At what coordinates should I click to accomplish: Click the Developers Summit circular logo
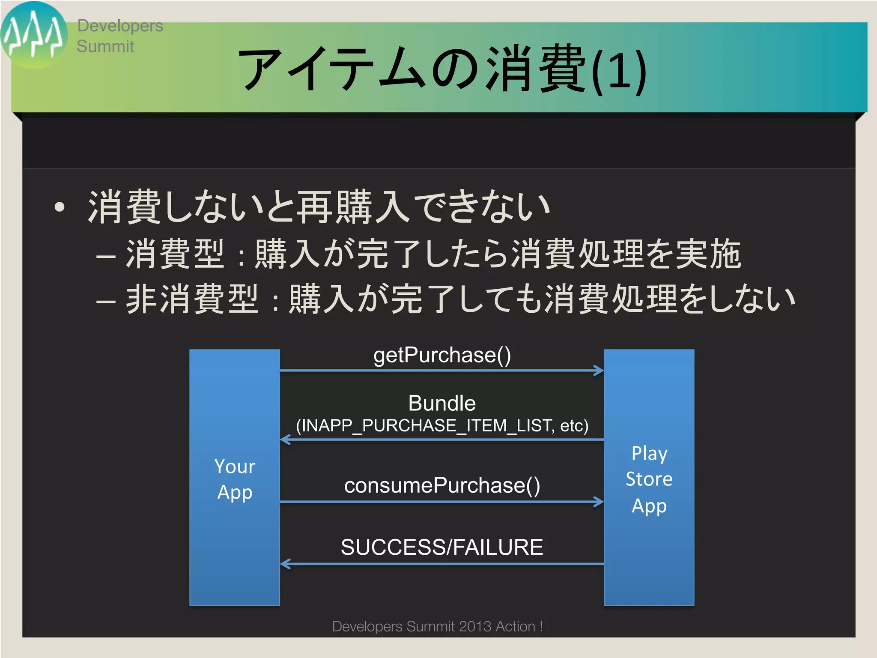click(33, 35)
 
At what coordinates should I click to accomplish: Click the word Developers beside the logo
click(120, 26)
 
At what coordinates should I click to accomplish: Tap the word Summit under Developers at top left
click(105, 46)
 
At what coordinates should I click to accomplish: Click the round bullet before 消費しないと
click(60, 208)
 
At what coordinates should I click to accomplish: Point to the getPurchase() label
click(442, 355)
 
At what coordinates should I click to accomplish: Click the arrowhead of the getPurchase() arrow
click(599, 371)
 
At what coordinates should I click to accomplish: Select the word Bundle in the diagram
click(442, 403)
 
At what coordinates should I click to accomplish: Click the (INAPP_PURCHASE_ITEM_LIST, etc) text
click(442, 426)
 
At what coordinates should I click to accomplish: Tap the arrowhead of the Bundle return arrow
click(285, 440)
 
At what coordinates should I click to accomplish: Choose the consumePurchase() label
click(442, 485)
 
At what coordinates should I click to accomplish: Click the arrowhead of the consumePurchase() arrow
click(599, 502)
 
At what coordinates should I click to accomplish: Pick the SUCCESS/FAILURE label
click(442, 547)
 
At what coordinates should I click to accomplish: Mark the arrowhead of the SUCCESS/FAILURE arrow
click(285, 564)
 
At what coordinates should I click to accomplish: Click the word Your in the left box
click(235, 467)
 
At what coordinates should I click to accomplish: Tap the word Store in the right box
click(649, 479)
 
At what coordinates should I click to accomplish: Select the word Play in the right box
click(649, 453)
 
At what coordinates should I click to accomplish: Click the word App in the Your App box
click(235, 492)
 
